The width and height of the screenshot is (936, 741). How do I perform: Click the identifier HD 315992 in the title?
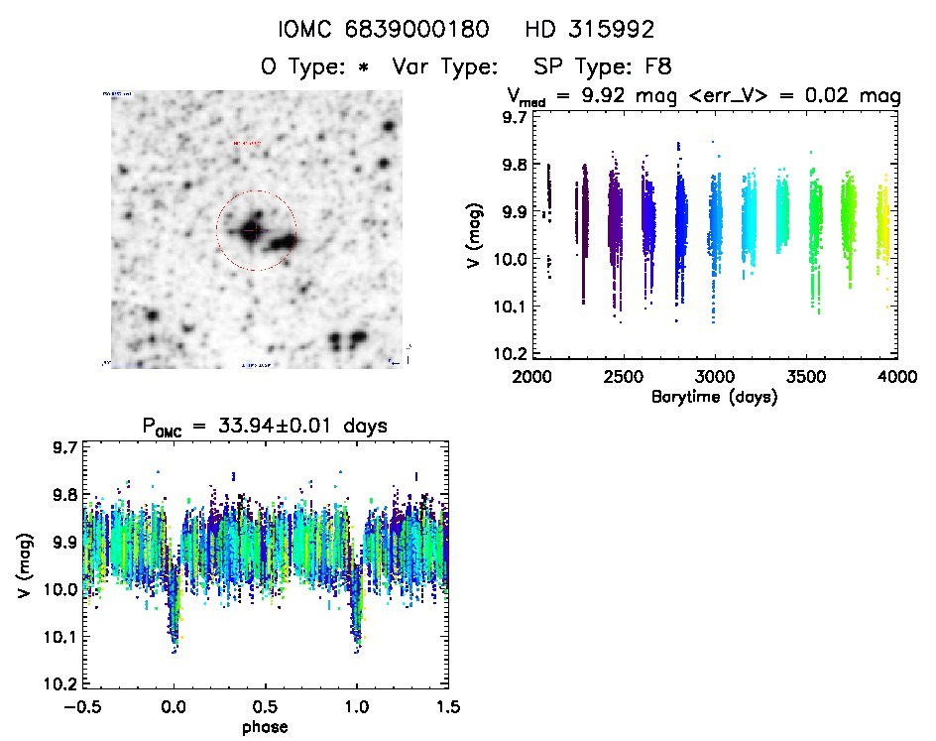click(x=590, y=30)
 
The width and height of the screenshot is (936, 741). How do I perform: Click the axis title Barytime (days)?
click(x=714, y=397)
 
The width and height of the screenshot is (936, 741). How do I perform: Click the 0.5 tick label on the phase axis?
click(x=265, y=708)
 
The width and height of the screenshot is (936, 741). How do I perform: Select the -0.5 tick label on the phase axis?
click(x=81, y=708)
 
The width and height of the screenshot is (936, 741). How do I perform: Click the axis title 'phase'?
click(x=265, y=727)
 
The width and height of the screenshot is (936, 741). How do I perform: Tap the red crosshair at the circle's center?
click(x=252, y=230)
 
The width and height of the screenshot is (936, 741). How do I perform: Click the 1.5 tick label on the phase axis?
click(x=447, y=708)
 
